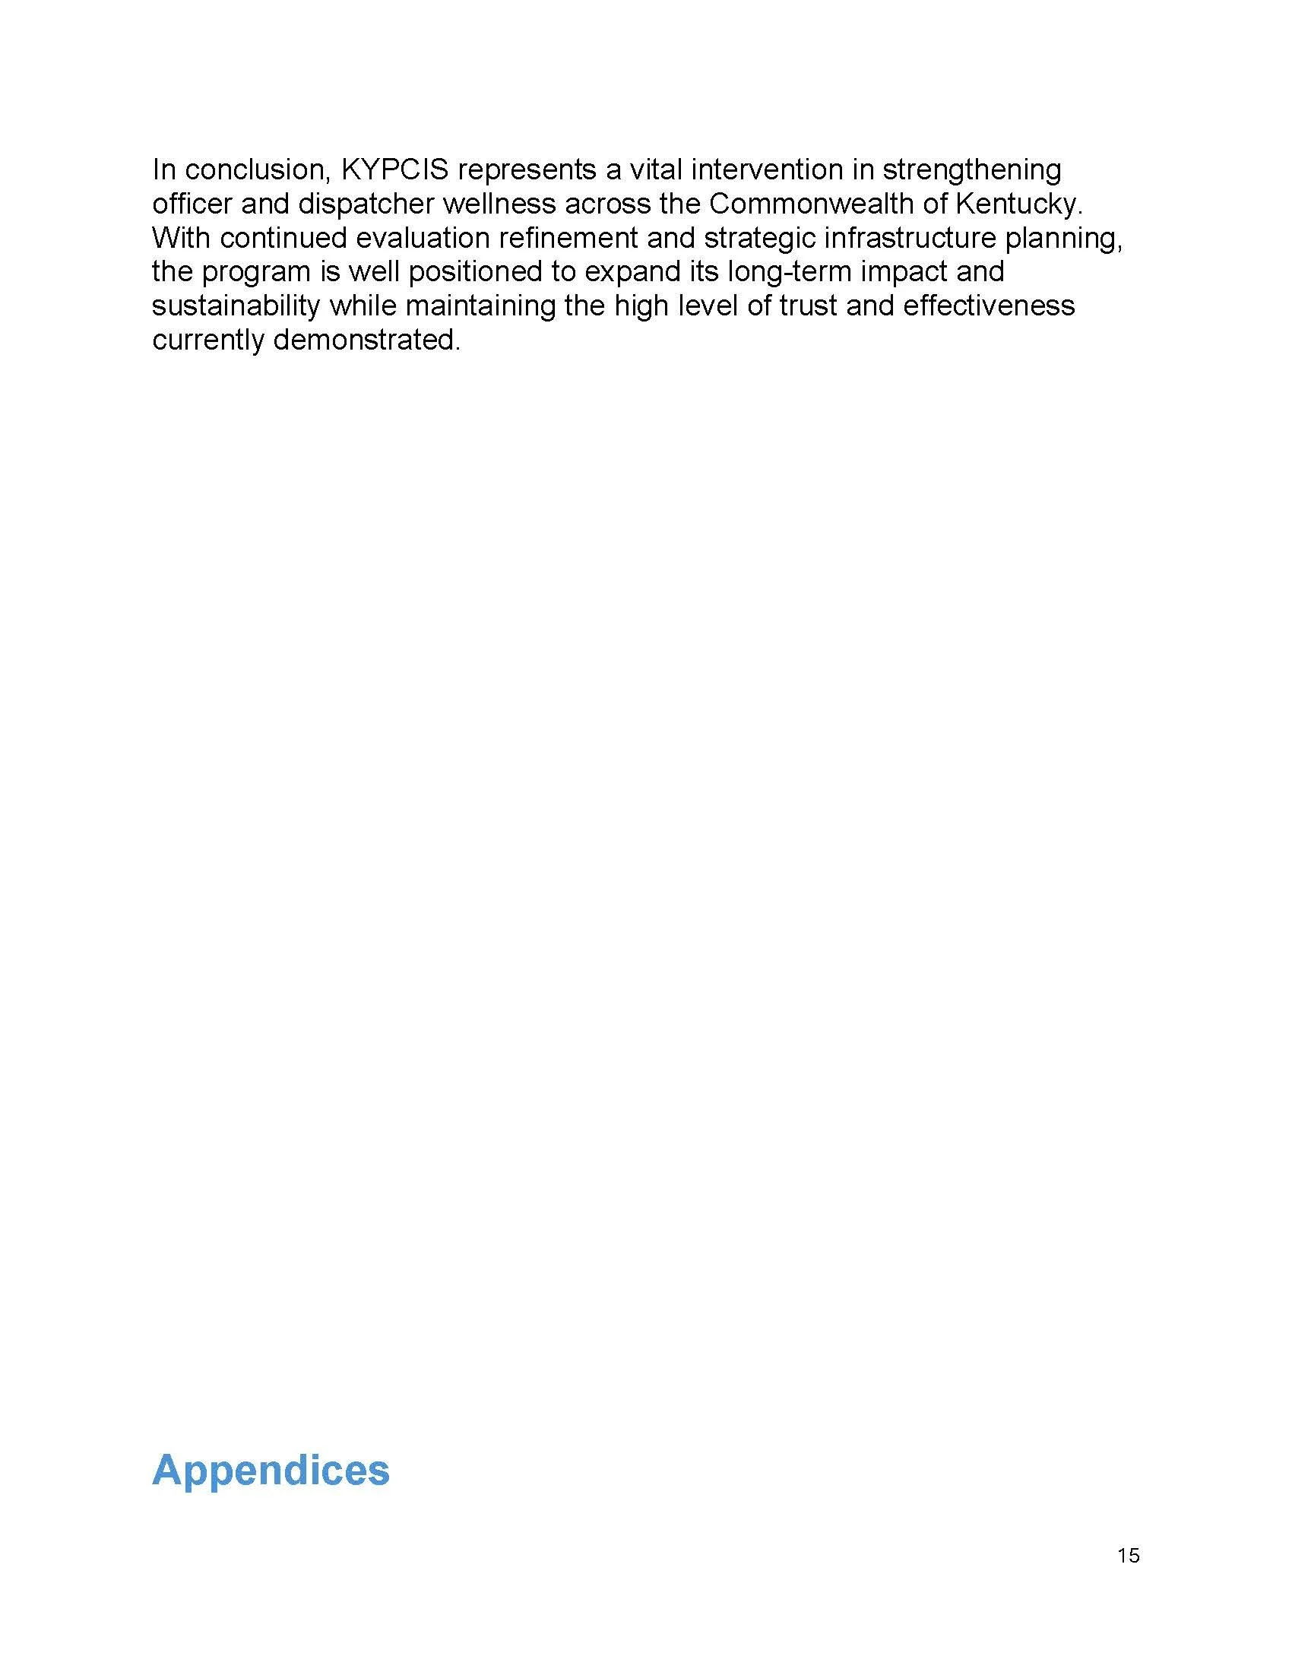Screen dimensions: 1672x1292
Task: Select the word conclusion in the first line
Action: [256, 170]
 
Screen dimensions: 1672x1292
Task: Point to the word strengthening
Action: [971, 170]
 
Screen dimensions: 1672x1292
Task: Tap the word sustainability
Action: [236, 306]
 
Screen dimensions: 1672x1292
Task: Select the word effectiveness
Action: [989, 306]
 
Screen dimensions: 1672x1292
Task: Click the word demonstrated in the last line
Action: [366, 340]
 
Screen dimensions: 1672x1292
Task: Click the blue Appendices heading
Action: [271, 1471]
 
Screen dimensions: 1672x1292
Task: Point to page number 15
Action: [1128, 1556]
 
